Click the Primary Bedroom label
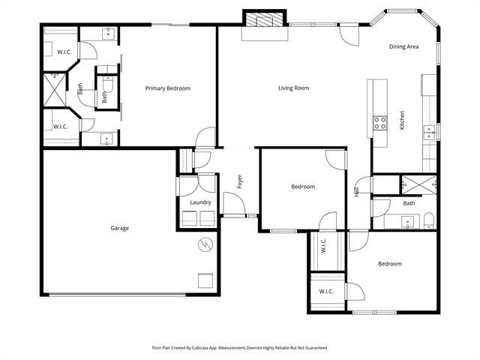tap(168, 88)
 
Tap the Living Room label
tap(293, 88)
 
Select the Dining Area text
tap(403, 46)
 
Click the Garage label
tap(120, 228)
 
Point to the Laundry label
tap(200, 202)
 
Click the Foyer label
tap(240, 181)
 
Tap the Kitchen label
tap(402, 120)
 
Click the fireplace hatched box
tap(265, 19)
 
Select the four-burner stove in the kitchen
tap(380, 123)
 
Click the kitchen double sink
tap(429, 132)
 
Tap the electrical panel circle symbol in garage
tap(205, 244)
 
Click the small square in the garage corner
tap(205, 280)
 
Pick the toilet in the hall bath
tap(429, 220)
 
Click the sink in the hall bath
tap(408, 222)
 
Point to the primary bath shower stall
tap(55, 90)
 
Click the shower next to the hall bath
tap(418, 185)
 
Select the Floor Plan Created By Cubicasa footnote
tap(240, 348)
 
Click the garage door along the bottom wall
tap(118, 295)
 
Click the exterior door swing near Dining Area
tap(349, 36)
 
